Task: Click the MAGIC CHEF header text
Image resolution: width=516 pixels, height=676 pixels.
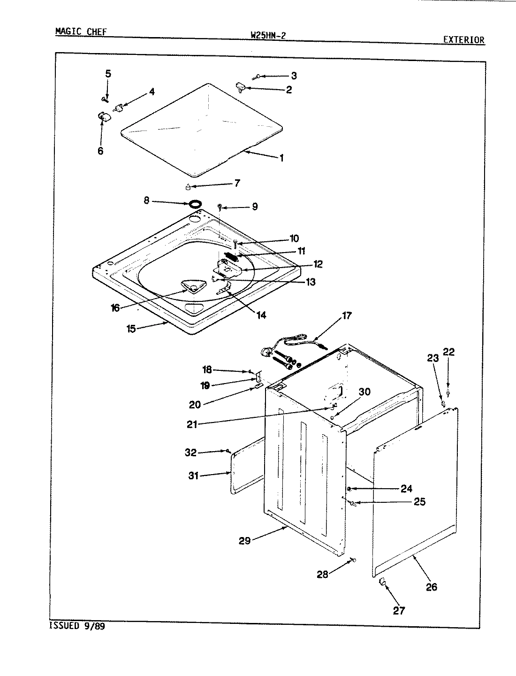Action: tap(81, 32)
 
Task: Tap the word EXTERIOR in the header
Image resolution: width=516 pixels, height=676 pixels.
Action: tap(464, 40)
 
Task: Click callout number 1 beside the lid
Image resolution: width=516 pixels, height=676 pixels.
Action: tap(281, 158)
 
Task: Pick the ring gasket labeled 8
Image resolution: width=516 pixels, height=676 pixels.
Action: tap(196, 204)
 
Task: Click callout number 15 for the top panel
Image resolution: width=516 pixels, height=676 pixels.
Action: tap(131, 329)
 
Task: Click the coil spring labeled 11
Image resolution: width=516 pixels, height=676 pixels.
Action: tap(232, 256)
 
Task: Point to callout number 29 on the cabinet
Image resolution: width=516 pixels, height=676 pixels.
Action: tap(244, 540)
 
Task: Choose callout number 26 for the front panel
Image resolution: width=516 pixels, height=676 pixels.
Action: tap(431, 586)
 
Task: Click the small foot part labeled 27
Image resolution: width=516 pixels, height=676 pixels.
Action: tap(382, 583)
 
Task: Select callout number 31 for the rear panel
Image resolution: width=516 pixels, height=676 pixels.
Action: tap(193, 476)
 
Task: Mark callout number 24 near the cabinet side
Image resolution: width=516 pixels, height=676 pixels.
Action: tap(406, 489)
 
